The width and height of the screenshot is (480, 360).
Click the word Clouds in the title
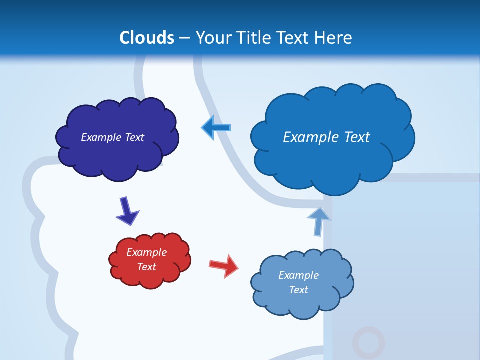(147, 38)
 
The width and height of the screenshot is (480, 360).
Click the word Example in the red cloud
(146, 252)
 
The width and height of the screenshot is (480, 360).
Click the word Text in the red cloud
(146, 267)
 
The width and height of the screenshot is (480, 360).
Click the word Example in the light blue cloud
(298, 275)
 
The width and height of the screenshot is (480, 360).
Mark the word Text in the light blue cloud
(298, 290)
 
